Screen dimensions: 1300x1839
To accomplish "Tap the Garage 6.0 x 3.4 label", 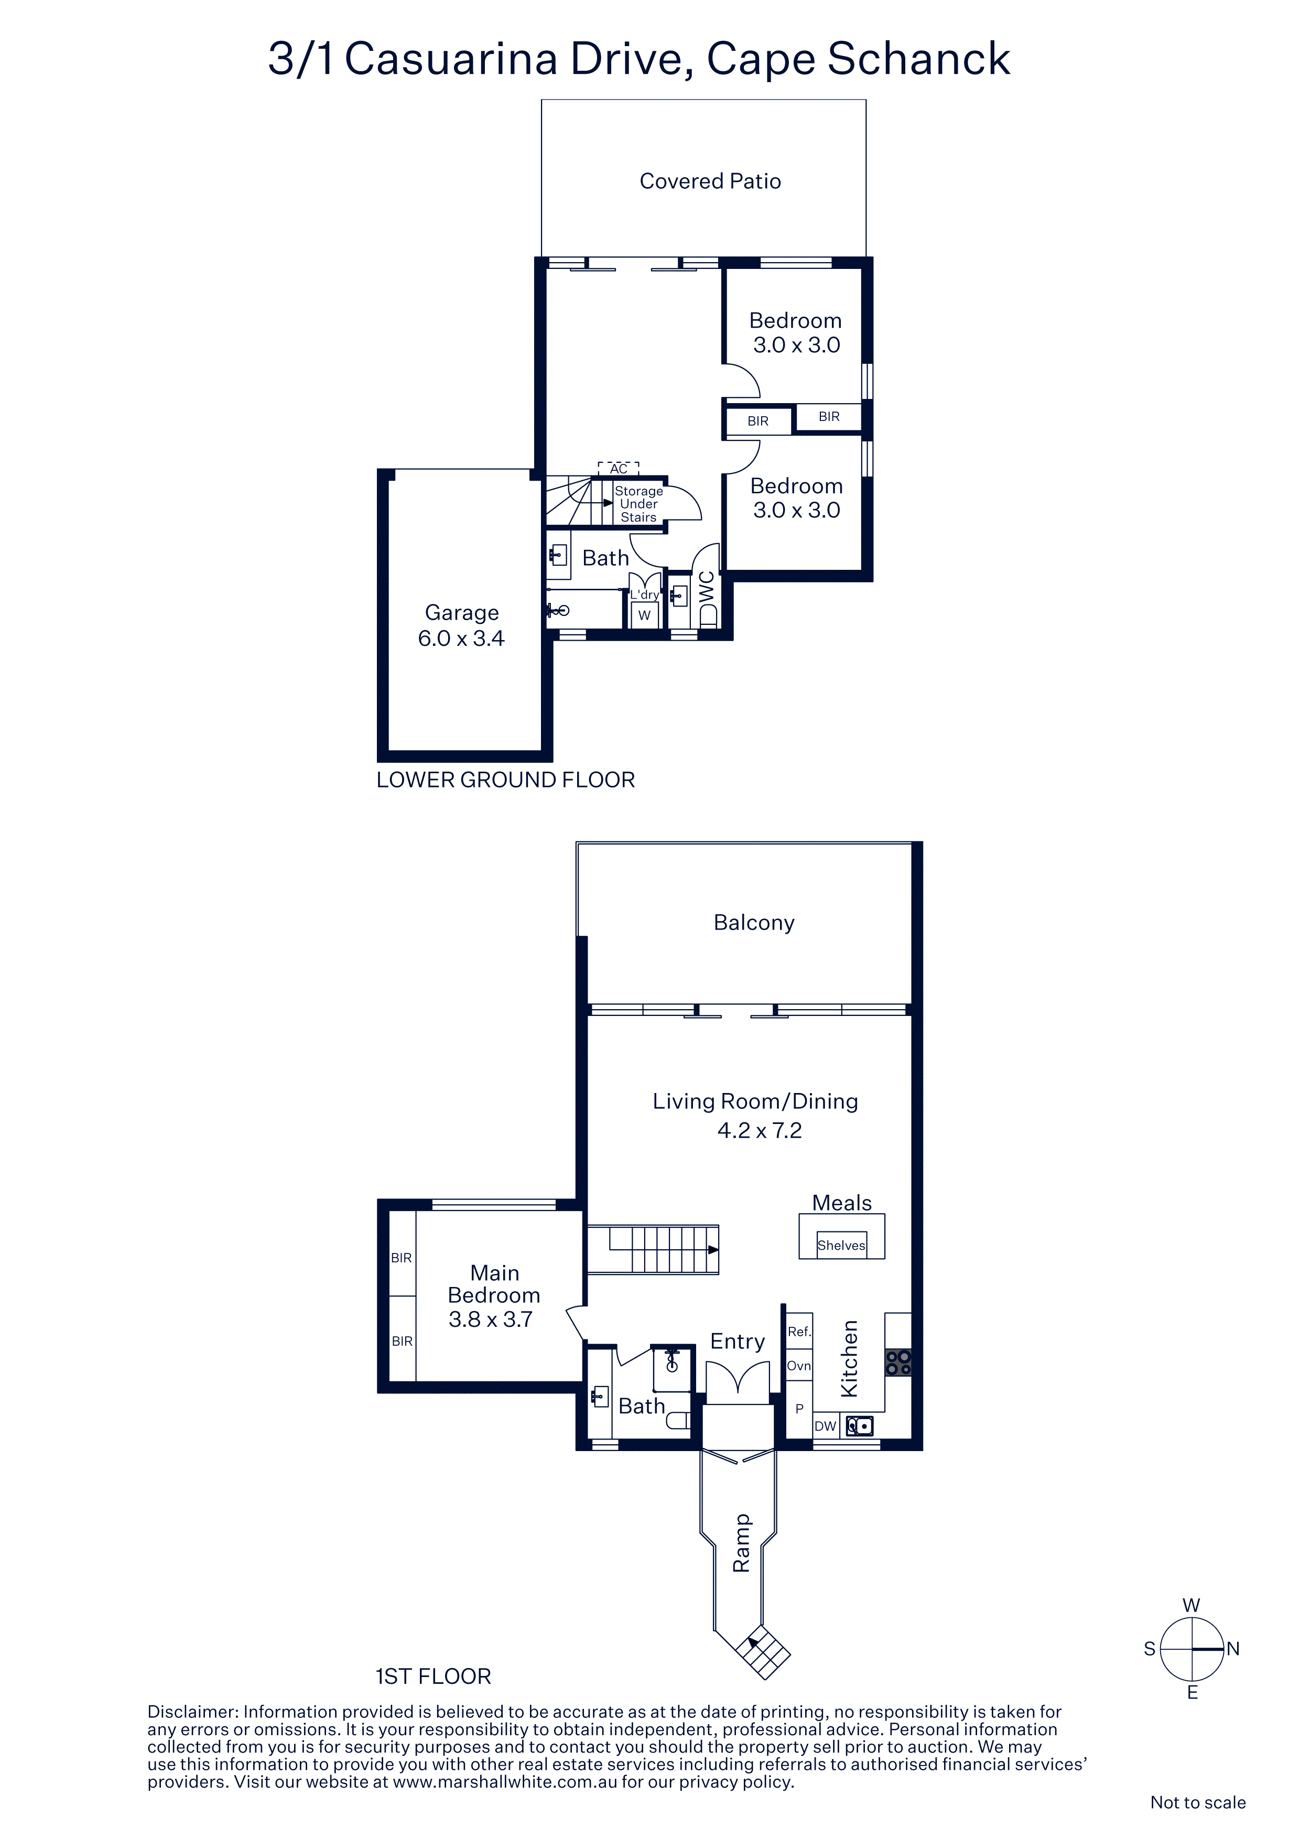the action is pyautogui.click(x=461, y=625).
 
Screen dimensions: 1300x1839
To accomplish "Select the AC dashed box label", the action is pyautogui.click(x=619, y=469).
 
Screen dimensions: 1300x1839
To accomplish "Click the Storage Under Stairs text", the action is pyautogui.click(x=638, y=504).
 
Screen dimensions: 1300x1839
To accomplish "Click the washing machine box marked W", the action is pyautogui.click(x=644, y=615).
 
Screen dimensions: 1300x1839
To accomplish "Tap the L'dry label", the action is pyautogui.click(x=644, y=594).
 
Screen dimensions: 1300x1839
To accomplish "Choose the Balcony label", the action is pyautogui.click(x=754, y=923).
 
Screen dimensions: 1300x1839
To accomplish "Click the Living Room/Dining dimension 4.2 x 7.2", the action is pyautogui.click(x=760, y=1130).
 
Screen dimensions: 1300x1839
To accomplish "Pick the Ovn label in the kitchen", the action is pyautogui.click(x=798, y=1366).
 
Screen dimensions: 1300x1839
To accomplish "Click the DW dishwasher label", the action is pyautogui.click(x=825, y=1426).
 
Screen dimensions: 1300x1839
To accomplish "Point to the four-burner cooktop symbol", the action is pyautogui.click(x=898, y=1362).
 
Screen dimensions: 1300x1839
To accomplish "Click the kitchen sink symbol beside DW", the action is pyautogui.click(x=860, y=1426).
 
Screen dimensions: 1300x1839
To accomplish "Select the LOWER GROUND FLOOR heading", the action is pyautogui.click(x=505, y=780).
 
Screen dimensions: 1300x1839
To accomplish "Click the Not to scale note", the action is pyautogui.click(x=1197, y=1802).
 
